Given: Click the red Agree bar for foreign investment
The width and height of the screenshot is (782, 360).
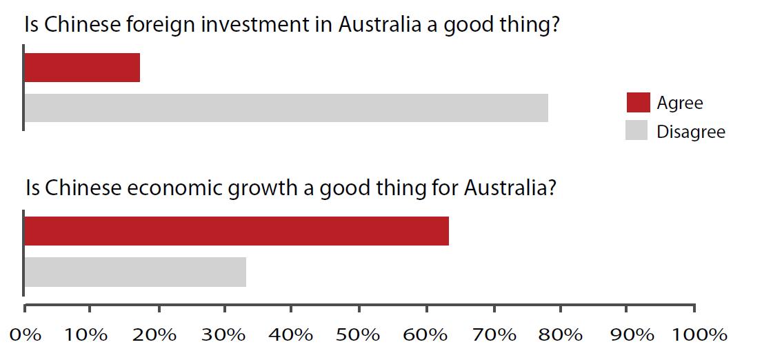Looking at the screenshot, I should (82, 68).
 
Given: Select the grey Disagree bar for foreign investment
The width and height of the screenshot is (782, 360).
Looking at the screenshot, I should (286, 108).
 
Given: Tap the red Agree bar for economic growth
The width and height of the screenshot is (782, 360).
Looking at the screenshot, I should (237, 231).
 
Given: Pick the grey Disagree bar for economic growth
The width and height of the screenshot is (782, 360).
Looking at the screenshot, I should (135, 272).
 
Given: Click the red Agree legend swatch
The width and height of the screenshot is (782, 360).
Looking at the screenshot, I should (638, 102).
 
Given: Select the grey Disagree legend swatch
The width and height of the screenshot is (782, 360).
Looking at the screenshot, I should (636, 130).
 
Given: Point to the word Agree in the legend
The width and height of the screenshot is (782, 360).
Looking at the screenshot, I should (680, 103).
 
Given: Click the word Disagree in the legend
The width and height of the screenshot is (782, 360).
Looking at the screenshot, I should (691, 131).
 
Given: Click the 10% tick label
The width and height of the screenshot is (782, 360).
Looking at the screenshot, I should (88, 335).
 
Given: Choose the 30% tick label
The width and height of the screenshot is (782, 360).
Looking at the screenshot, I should (223, 335).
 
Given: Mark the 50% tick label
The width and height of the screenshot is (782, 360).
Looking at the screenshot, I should (359, 335).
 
